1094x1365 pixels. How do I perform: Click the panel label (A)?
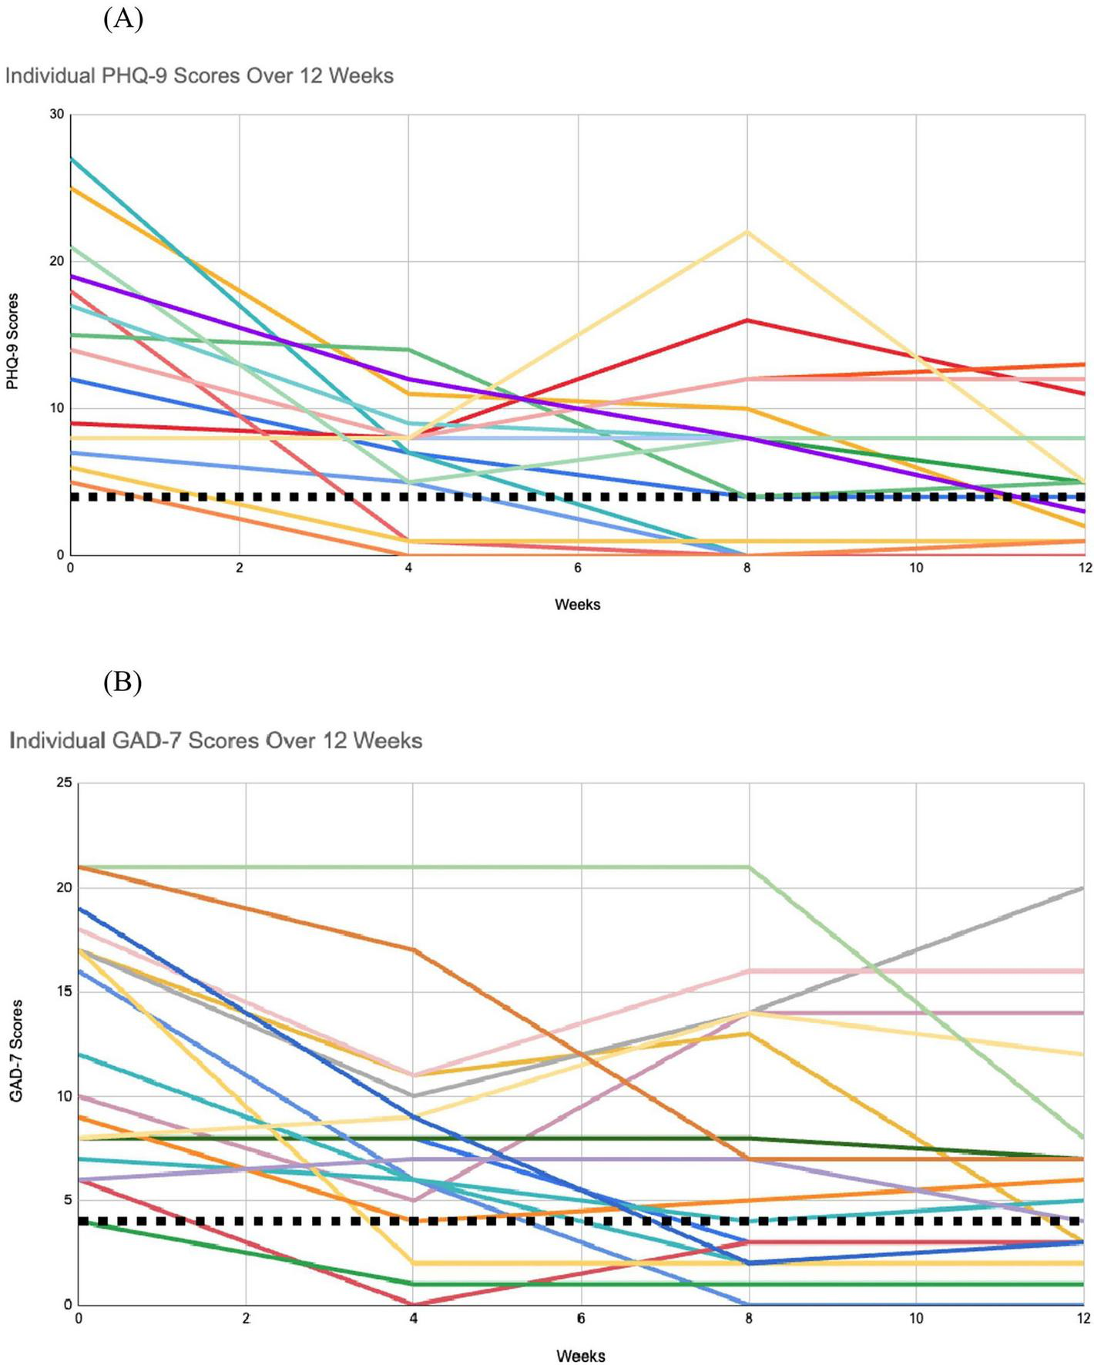[x=123, y=18]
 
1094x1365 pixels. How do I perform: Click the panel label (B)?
[x=123, y=682]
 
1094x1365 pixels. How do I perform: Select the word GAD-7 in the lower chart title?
[x=146, y=740]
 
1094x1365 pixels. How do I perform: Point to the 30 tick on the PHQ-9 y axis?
[x=56, y=114]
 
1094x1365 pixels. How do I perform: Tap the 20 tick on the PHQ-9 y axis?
[x=56, y=261]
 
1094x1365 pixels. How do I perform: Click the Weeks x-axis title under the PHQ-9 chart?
[x=577, y=605]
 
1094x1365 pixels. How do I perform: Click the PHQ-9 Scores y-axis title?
[x=12, y=340]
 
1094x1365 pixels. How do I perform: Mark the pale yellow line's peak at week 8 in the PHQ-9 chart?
[x=747, y=231]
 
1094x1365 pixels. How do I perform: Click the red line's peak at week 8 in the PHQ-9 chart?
[x=747, y=320]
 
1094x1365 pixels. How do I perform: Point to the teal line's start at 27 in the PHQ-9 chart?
[x=72, y=159]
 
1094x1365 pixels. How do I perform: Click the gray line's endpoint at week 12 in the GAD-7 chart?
[x=1083, y=887]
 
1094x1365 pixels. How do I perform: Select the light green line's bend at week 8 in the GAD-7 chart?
[x=748, y=867]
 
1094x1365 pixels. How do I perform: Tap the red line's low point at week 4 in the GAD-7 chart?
[x=413, y=1303]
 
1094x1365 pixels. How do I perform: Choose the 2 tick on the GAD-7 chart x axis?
[x=246, y=1318]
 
